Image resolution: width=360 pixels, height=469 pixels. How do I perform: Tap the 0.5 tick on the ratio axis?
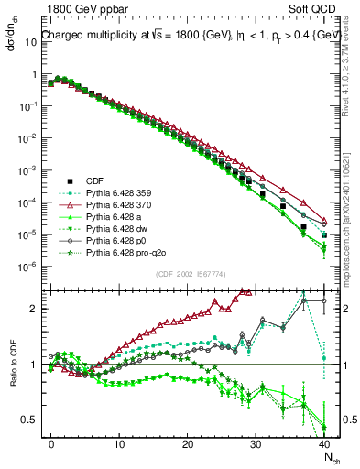tap(30, 420)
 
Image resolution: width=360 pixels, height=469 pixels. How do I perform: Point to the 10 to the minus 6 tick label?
tap(28, 267)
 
